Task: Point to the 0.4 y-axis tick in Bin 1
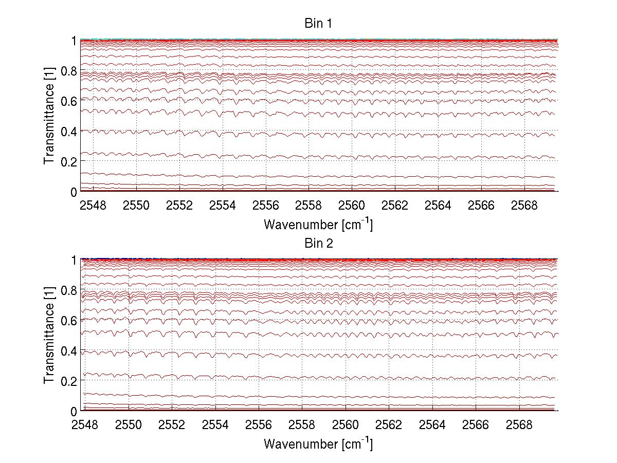pyautogui.click(x=68, y=131)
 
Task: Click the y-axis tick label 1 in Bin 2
pyautogui.click(x=73, y=260)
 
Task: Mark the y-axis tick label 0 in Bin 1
pyautogui.click(x=73, y=192)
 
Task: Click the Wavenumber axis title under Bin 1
pyautogui.click(x=318, y=224)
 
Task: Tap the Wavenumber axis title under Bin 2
pyautogui.click(x=318, y=443)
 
